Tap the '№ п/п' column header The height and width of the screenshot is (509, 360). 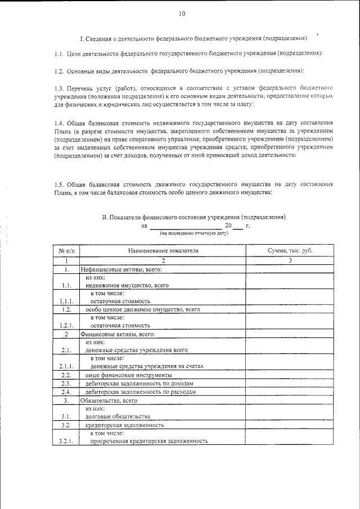click(66, 250)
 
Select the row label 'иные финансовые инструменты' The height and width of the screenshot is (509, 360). click(129, 375)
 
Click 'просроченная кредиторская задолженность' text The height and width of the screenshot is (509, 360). click(149, 442)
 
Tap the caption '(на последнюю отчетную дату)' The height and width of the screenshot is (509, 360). click(194, 233)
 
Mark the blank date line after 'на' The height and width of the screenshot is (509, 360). click(185, 227)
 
